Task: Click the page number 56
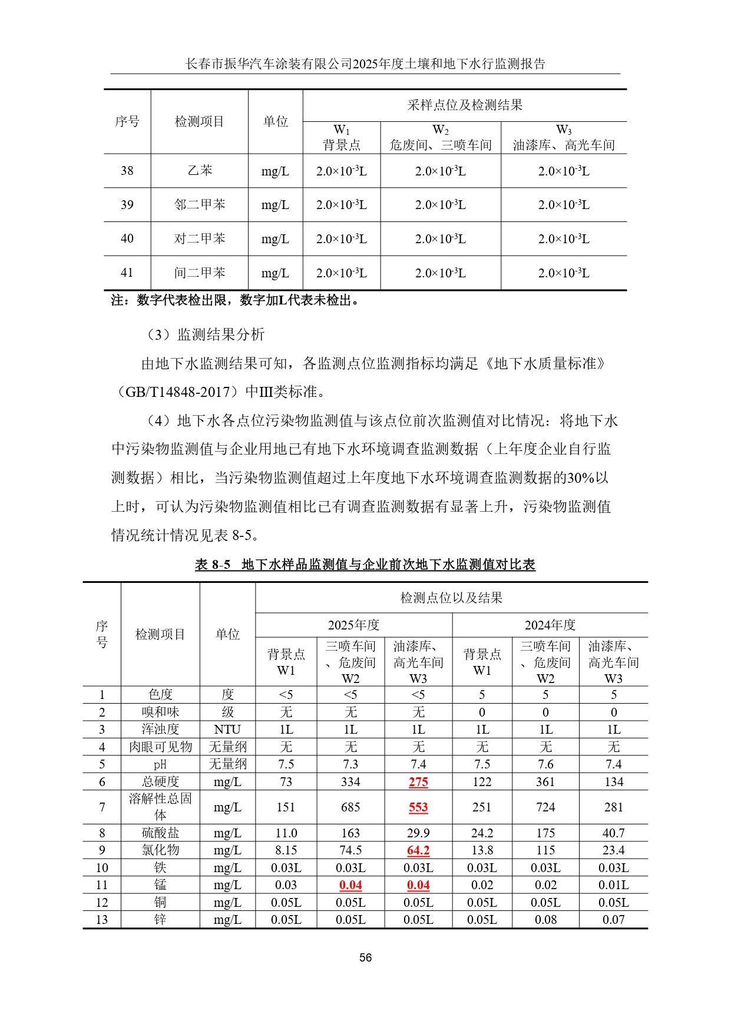pyautogui.click(x=365, y=957)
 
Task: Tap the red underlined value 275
pyautogui.click(x=418, y=782)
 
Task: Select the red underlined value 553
pyautogui.click(x=418, y=807)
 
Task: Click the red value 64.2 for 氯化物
pyautogui.click(x=418, y=850)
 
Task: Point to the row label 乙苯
pyautogui.click(x=200, y=171)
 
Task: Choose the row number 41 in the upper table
pyautogui.click(x=127, y=273)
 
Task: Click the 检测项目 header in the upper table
pyautogui.click(x=200, y=121)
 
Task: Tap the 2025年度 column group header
pyautogui.click(x=353, y=625)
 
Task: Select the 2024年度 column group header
pyautogui.click(x=550, y=625)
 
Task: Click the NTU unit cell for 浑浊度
pyautogui.click(x=227, y=730)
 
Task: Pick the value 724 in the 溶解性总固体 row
pyautogui.click(x=545, y=807)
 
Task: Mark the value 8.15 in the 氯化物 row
pyautogui.click(x=286, y=850)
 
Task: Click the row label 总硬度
pyautogui.click(x=160, y=782)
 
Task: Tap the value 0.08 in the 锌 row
pyautogui.click(x=545, y=920)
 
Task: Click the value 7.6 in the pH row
pyautogui.click(x=545, y=764)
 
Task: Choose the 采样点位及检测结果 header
pyautogui.click(x=465, y=105)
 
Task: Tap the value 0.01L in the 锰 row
pyautogui.click(x=613, y=885)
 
